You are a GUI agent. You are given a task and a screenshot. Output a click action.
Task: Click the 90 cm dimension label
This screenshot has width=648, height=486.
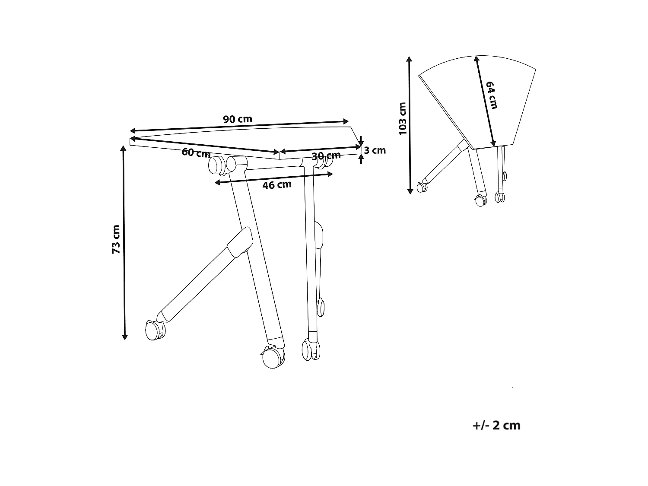coord(237,119)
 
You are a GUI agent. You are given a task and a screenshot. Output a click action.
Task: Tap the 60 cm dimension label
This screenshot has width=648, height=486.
coord(196,153)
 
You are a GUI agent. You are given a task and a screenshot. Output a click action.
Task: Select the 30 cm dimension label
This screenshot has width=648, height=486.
coord(326,156)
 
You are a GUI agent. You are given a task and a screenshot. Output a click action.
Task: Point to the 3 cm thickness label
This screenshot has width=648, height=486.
coord(375,150)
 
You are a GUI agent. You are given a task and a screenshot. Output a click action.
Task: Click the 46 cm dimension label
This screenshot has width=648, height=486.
coord(277,185)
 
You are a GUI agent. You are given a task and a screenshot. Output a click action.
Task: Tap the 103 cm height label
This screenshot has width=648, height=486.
coord(403,119)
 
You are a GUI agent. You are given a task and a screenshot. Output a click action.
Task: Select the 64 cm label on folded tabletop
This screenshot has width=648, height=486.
coord(492,95)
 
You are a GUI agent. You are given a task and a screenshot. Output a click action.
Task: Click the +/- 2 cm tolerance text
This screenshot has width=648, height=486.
coord(496,426)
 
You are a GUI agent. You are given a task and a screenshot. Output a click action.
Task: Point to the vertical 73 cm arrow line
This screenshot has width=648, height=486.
coord(124,242)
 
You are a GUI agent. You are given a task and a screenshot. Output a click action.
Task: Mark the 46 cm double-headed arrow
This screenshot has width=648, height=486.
coord(274,178)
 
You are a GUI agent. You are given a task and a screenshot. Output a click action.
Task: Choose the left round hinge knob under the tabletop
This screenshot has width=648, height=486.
coord(216,165)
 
